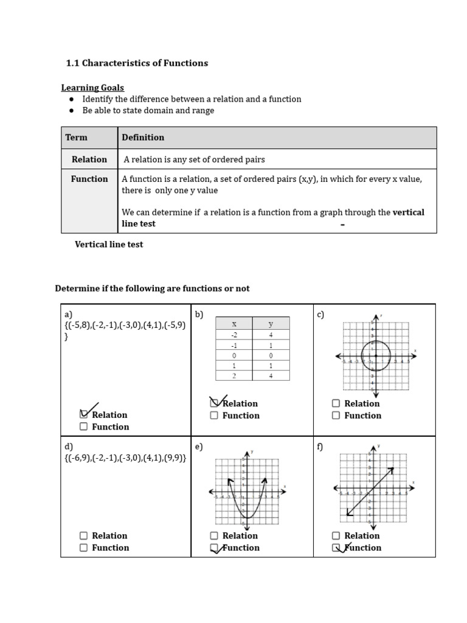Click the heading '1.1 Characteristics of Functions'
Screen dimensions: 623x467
point(137,63)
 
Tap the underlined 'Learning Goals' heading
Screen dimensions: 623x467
point(92,88)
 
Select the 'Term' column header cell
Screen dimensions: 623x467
point(77,137)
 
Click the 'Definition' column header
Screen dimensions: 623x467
point(143,137)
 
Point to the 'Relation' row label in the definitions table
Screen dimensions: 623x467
point(89,159)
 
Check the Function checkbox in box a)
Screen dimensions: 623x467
point(83,426)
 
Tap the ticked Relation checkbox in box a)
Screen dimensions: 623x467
point(84,414)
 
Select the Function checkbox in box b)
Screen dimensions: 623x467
point(214,416)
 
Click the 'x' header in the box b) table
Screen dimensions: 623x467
point(234,324)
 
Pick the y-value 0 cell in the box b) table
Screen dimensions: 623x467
point(271,355)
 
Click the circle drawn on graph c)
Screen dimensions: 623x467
point(375,356)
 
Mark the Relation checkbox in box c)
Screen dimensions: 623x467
point(336,403)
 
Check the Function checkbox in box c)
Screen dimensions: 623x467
point(336,416)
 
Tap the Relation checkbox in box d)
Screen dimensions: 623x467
point(83,535)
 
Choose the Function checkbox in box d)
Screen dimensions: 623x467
point(83,548)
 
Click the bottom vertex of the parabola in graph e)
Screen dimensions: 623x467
point(247,517)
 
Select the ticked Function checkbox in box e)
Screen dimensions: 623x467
point(214,548)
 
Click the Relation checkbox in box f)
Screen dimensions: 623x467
point(336,535)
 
